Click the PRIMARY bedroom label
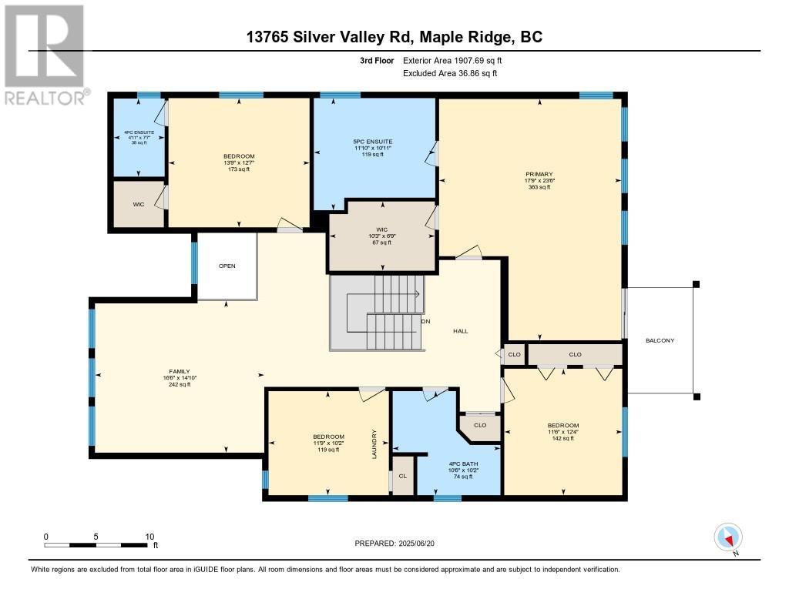(x=539, y=175)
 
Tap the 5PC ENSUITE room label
(x=373, y=142)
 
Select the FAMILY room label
(x=180, y=372)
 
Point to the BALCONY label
(x=660, y=340)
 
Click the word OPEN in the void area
(x=227, y=266)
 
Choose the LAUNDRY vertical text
(x=374, y=444)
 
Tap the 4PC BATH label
(x=463, y=463)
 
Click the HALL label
(x=461, y=331)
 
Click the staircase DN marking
(x=425, y=321)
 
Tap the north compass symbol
(x=728, y=537)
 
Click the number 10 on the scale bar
(x=150, y=537)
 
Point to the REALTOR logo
(x=46, y=55)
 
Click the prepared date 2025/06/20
(x=417, y=543)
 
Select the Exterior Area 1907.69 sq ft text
(x=452, y=60)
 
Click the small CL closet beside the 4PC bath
(x=403, y=476)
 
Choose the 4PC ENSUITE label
(x=139, y=132)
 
